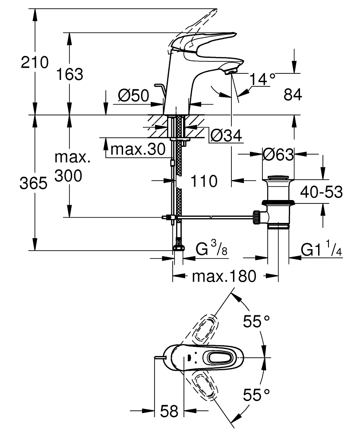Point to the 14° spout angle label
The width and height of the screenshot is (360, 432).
click(262, 79)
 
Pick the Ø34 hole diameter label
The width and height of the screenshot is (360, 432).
click(225, 136)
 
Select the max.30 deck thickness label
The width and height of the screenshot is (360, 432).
click(138, 149)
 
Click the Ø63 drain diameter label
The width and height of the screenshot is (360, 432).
click(278, 154)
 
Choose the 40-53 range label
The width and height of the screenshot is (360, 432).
click(322, 191)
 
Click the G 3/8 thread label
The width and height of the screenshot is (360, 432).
click(212, 249)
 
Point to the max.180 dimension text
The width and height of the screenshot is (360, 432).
click(224, 276)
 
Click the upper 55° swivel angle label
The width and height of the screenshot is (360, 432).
click(256, 321)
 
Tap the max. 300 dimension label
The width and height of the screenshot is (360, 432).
click(72, 167)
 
